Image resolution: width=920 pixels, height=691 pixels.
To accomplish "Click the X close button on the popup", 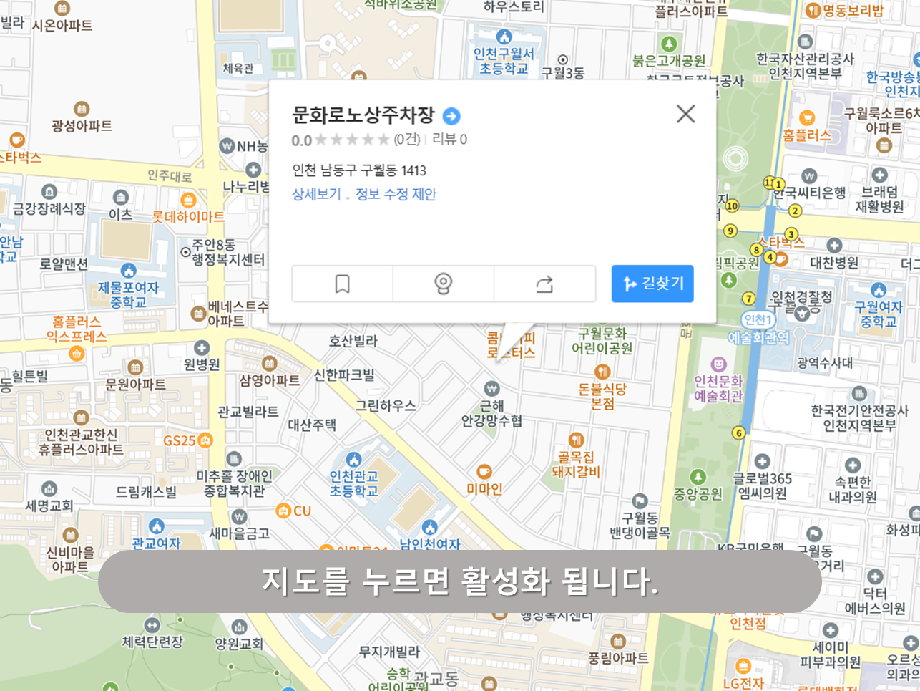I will [685, 114].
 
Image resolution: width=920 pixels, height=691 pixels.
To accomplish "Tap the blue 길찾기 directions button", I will [652, 284].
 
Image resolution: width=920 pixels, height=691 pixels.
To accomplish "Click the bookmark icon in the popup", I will [342, 284].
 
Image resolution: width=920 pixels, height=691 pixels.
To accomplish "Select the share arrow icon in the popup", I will [544, 284].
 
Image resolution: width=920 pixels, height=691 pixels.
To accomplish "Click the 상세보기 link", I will [316, 194].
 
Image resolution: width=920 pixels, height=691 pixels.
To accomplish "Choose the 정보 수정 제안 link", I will [396, 194].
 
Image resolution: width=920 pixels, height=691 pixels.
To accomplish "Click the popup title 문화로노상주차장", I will [363, 115].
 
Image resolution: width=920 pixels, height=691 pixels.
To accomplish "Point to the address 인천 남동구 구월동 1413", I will [359, 170].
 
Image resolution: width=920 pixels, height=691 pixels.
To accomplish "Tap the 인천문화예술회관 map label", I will [718, 388].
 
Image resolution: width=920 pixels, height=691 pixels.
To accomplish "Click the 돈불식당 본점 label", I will [602, 396].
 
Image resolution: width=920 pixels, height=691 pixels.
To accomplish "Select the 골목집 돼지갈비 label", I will [576, 464].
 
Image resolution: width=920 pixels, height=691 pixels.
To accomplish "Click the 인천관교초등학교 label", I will [353, 483].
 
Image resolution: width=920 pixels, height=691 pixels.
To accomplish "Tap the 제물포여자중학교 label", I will [129, 294].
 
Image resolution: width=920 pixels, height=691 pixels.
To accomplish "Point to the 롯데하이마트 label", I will [188, 216].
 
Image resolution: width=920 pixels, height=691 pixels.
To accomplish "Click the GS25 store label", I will [180, 440].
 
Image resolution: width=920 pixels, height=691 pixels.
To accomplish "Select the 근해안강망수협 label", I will [491, 413].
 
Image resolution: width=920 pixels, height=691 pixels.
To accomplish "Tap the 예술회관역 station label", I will [758, 337].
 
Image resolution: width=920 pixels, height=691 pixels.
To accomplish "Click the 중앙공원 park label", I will [698, 493].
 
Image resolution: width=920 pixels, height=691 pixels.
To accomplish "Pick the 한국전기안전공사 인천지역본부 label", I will [859, 418].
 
